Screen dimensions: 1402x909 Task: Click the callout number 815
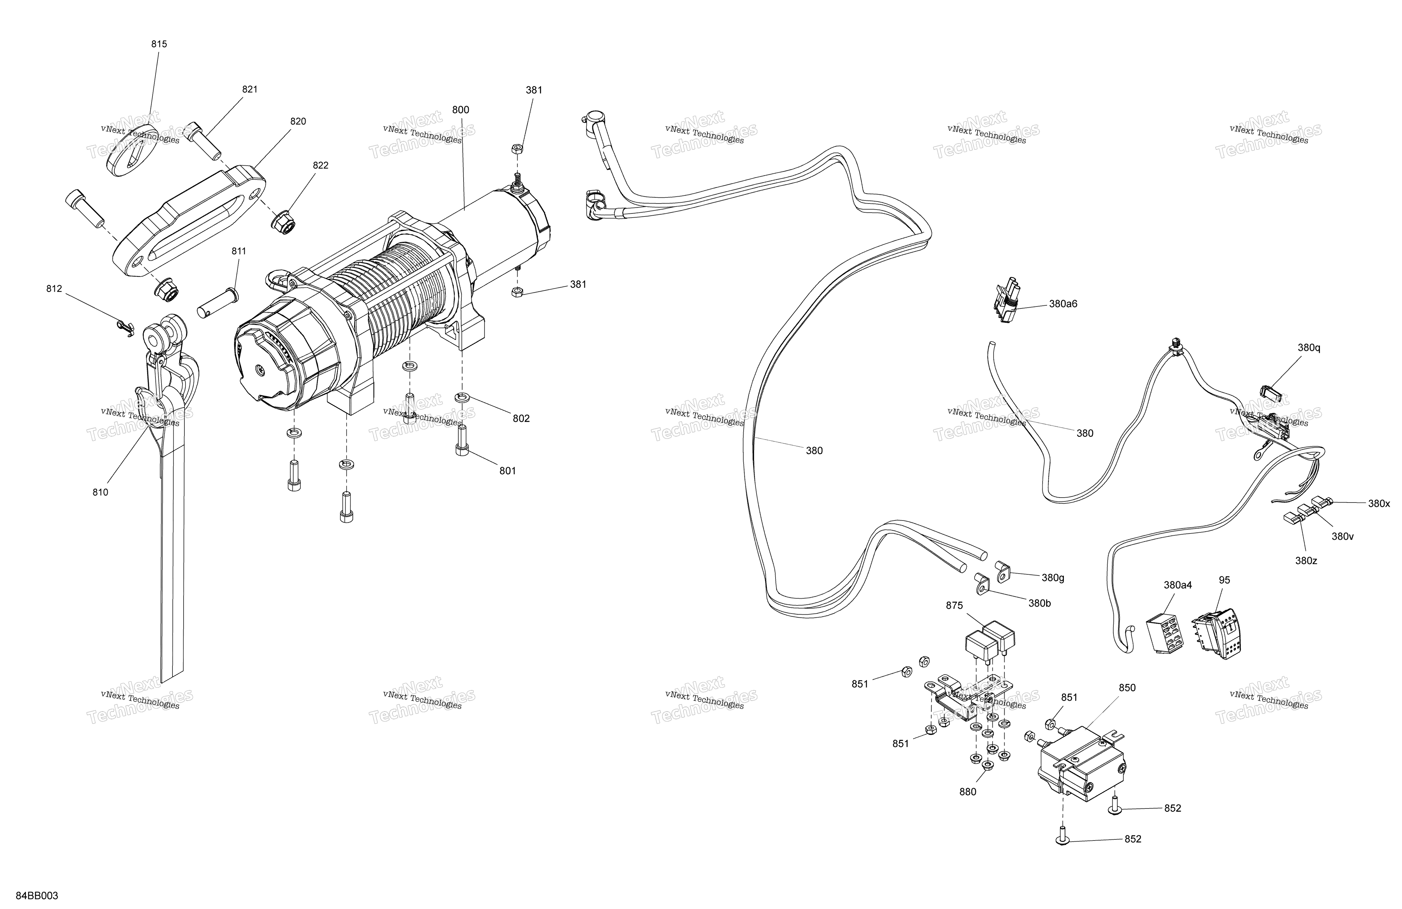pyautogui.click(x=159, y=44)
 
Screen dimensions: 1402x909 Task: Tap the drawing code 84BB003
pyautogui.click(x=37, y=896)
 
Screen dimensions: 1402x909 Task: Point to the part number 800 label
pyautogui.click(x=461, y=110)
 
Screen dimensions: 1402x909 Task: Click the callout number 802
pyautogui.click(x=521, y=419)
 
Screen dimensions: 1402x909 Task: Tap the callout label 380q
pyautogui.click(x=1309, y=348)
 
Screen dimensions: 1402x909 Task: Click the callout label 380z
pyautogui.click(x=1306, y=561)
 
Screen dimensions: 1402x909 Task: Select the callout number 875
pyautogui.click(x=954, y=606)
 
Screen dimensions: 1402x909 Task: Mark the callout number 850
pyautogui.click(x=1127, y=688)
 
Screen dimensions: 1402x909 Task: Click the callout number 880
pyautogui.click(x=968, y=792)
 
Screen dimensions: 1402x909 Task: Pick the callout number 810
pyautogui.click(x=100, y=492)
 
